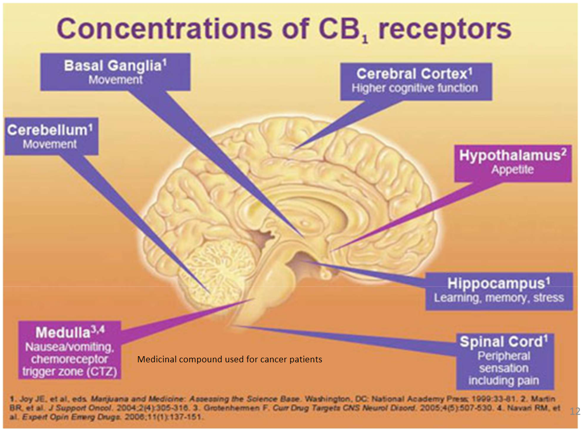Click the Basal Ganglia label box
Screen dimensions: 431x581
[x=115, y=72]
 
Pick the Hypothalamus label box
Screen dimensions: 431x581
[x=512, y=162]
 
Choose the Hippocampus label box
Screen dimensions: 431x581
[x=498, y=291]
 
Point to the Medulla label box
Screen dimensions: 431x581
[x=70, y=350]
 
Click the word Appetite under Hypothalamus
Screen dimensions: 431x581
[x=512, y=170]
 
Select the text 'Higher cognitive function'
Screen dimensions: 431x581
[x=414, y=88]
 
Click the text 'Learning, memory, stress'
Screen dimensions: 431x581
[x=498, y=298]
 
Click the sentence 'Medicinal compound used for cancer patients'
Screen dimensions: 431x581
[x=230, y=359]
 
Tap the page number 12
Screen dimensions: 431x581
[x=574, y=411]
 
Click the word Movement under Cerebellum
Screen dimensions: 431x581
[x=50, y=144]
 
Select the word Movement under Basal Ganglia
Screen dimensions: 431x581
[x=115, y=80]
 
